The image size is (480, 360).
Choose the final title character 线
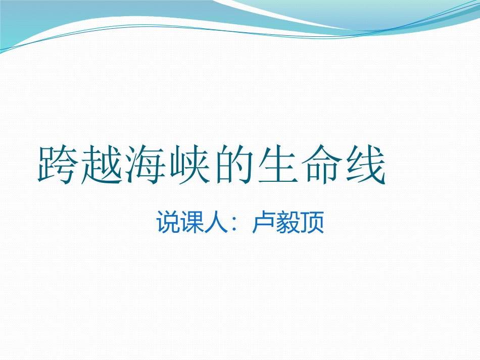(x=364, y=165)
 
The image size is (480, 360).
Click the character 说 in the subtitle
(x=167, y=224)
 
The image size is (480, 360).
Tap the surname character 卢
(x=263, y=224)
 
